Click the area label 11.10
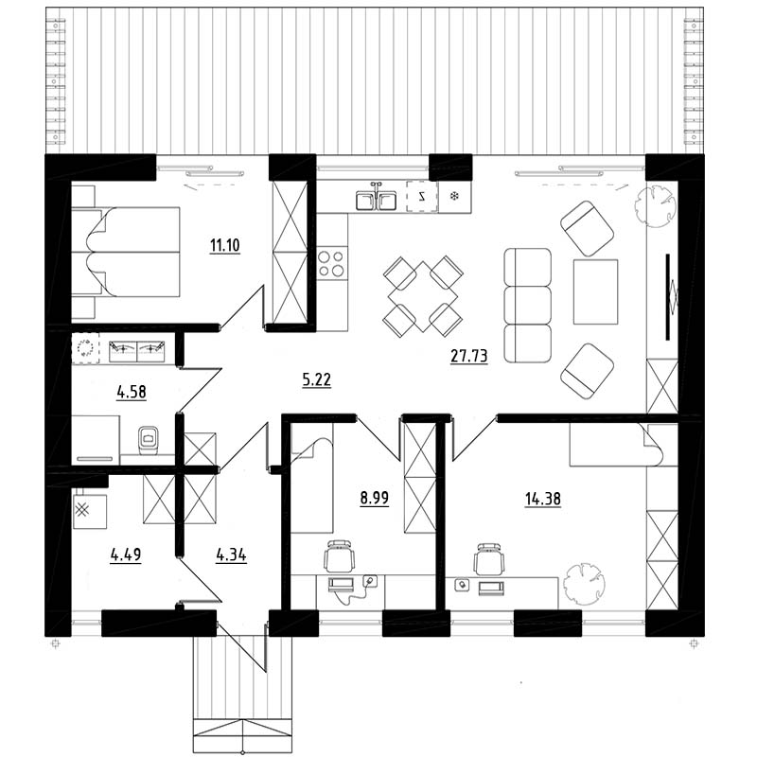click(224, 245)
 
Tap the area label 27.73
click(468, 356)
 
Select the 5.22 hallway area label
click(316, 380)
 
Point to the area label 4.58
click(132, 392)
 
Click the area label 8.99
click(375, 498)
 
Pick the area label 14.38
click(543, 499)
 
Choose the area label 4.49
click(126, 555)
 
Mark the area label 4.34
click(231, 555)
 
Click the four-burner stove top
click(332, 263)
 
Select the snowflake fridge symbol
click(454, 196)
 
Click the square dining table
click(423, 296)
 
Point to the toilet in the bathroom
click(149, 440)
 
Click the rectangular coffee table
click(596, 291)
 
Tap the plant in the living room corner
click(654, 205)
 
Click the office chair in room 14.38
click(489, 559)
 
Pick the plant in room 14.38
click(585, 583)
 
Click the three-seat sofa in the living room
click(528, 305)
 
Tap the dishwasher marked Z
click(422, 196)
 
